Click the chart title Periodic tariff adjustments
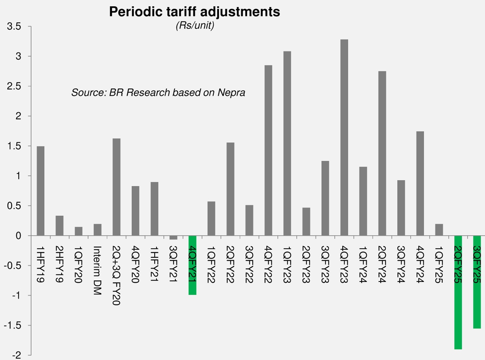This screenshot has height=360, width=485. [x=194, y=12]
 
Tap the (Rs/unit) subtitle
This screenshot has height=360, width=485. [x=194, y=26]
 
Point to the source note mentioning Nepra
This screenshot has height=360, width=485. [x=158, y=92]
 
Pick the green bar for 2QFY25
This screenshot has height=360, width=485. [x=458, y=292]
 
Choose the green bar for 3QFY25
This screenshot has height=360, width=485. [x=477, y=282]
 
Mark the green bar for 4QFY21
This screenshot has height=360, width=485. [x=192, y=265]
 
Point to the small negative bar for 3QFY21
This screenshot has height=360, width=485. [x=173, y=238]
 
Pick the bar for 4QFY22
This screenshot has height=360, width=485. [x=268, y=150]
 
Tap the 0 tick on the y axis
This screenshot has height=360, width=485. [x=18, y=236]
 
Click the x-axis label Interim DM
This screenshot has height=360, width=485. [x=97, y=270]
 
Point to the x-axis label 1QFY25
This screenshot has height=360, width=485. [x=438, y=265]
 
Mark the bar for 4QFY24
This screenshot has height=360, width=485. [x=420, y=184]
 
